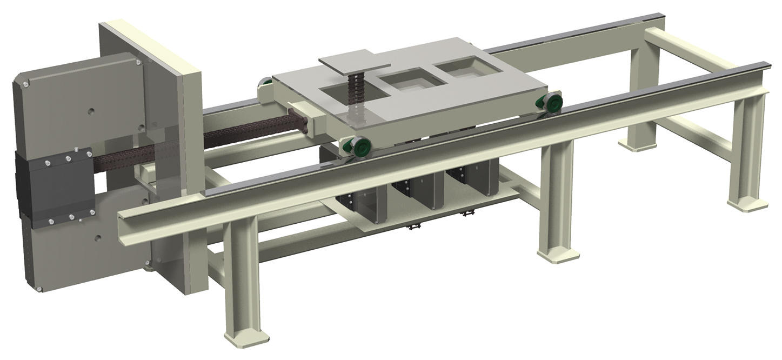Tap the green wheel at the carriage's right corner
tap(552, 103)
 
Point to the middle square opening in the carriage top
tap(411, 82)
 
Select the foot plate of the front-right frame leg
tap(747, 204)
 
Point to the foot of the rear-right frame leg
tap(636, 145)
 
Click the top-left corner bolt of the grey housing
tap(25, 84)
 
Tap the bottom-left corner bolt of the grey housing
tap(39, 290)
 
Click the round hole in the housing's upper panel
tap(91, 111)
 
